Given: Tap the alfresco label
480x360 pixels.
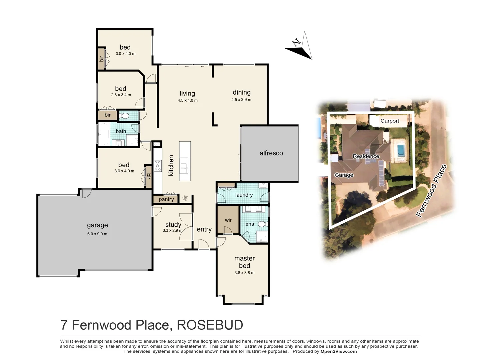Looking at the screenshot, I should [271, 153].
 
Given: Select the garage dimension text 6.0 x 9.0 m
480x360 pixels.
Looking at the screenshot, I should [97, 234].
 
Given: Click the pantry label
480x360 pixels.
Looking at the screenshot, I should [166, 199].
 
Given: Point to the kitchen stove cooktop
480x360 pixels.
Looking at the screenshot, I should [158, 166].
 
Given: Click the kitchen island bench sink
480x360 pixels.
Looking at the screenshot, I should [184, 166].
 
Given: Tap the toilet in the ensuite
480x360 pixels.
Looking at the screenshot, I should [263, 224].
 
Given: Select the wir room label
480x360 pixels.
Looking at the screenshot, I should [228, 220].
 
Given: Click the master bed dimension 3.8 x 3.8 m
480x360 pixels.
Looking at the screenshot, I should [244, 273].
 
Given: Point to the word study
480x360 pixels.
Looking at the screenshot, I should [173, 225].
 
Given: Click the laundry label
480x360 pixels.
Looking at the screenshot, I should [244, 195].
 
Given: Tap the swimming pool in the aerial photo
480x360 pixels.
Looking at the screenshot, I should [400, 150].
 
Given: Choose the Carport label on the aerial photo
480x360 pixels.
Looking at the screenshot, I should [390, 121].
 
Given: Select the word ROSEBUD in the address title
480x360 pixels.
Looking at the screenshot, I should [210, 325].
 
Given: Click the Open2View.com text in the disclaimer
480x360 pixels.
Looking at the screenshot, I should [338, 351].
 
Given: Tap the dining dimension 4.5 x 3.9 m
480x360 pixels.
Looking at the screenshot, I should [241, 100].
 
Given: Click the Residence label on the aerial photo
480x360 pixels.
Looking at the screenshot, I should [366, 156].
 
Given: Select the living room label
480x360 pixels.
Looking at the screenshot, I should [187, 94].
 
